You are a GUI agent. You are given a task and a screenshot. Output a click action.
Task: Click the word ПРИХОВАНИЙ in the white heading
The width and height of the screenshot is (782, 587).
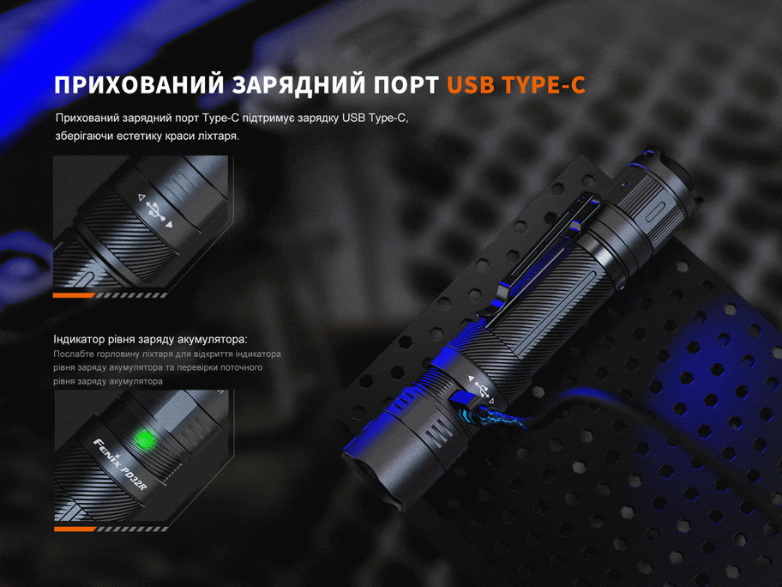coord(139,85)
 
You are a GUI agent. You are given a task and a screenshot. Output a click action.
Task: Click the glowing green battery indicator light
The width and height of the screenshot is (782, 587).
coord(145,439)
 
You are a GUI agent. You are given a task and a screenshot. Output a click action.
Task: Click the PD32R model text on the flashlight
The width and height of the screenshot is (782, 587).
coord(135,476)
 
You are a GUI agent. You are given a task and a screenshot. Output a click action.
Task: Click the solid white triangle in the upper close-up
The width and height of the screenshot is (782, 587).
coord(169,225)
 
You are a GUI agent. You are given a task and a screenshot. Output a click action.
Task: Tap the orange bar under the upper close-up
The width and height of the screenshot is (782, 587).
coord(74,295)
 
